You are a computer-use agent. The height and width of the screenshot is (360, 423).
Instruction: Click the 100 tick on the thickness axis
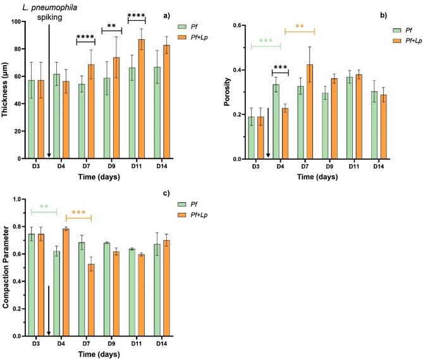[18, 22]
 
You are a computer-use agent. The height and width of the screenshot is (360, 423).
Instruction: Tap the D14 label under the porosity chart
[378, 166]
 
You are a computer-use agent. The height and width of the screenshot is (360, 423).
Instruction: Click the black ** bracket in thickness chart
[111, 28]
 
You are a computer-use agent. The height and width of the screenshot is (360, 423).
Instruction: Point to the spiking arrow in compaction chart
[49, 309]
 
